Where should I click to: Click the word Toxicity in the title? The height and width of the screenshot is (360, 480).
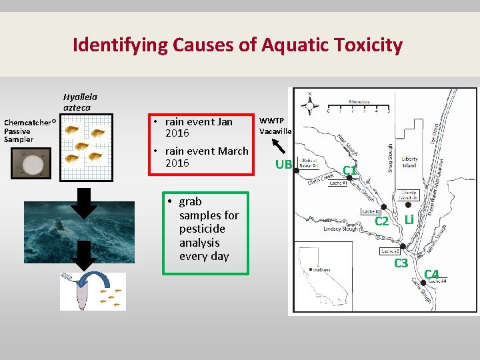[365, 45]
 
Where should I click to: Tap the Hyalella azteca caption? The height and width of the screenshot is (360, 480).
[80, 101]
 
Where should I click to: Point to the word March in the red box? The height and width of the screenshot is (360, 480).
[232, 151]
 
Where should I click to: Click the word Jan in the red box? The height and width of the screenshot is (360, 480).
[224, 122]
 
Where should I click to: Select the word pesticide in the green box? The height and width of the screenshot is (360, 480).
[199, 229]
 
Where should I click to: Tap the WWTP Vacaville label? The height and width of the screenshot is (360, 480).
[275, 126]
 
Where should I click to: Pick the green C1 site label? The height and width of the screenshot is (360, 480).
[349, 171]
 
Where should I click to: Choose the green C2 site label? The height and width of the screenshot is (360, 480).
[382, 221]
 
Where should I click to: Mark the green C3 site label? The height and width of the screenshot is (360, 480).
[401, 263]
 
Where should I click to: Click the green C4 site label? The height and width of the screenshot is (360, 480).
[431, 273]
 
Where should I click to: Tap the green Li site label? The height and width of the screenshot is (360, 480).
[409, 219]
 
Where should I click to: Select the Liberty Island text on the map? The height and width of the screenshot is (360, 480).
[409, 162]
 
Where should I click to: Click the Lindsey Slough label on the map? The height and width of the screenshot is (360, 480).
[341, 229]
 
